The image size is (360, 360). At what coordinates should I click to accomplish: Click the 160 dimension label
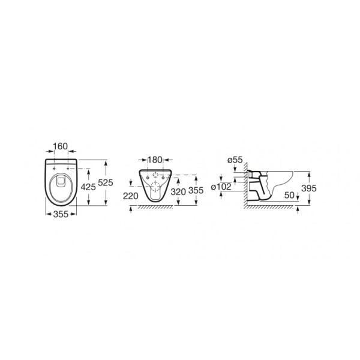tap(61, 146)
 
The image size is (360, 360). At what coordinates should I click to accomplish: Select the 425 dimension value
tap(88, 187)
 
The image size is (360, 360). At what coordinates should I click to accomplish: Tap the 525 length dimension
tap(106, 182)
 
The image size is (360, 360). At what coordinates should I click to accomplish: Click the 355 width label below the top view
tap(61, 214)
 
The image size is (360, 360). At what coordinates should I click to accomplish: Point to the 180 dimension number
tap(155, 160)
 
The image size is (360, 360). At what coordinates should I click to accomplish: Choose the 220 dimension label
tap(131, 196)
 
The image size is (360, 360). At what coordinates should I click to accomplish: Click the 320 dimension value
tap(178, 191)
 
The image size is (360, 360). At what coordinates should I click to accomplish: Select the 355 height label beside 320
tap(196, 190)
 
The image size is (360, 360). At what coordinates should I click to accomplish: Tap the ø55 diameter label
tap(235, 160)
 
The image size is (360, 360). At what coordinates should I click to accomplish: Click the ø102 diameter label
tap(221, 187)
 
